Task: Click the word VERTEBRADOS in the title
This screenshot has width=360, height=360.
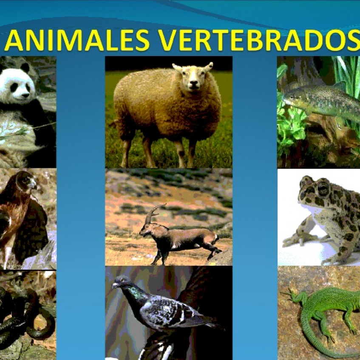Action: pyautogui.click(x=259, y=40)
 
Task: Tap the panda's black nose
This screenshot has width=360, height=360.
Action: pyautogui.click(x=27, y=95)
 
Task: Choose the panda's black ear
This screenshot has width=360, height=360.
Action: pyautogui.click(x=25, y=67)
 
